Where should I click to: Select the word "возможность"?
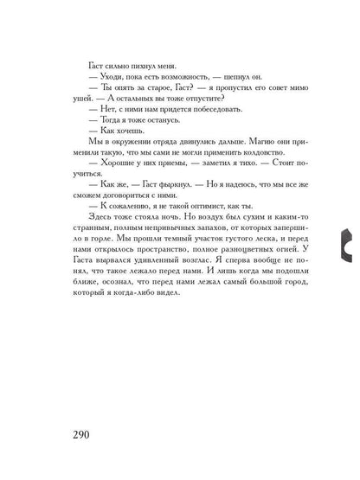187,80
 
